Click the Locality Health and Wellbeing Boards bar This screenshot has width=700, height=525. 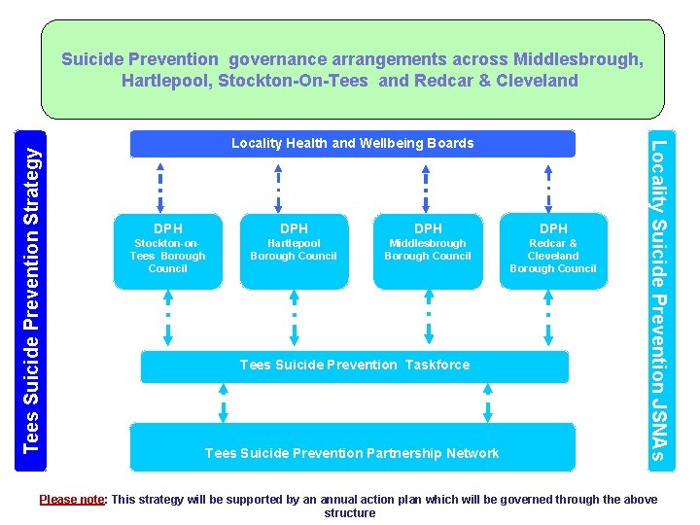[x=353, y=144]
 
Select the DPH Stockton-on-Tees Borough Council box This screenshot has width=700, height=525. [x=167, y=251]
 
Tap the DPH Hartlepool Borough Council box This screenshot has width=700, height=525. [x=294, y=251]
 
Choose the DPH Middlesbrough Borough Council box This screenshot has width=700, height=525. [x=428, y=251]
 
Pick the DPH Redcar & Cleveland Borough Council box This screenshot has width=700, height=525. [x=552, y=251]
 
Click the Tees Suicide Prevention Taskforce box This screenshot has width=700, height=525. [x=354, y=366]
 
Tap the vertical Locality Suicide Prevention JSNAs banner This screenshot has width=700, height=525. [x=658, y=300]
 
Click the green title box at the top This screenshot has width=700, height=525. [x=352, y=70]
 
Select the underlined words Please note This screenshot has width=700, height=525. [x=71, y=500]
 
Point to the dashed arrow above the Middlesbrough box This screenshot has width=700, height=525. [x=427, y=186]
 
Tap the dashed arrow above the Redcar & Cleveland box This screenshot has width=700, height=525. [x=550, y=186]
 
